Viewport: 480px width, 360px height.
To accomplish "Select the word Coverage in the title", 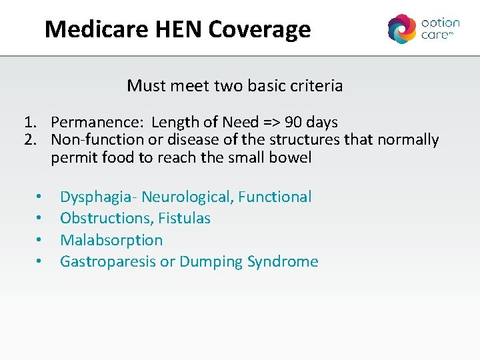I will (x=259, y=29).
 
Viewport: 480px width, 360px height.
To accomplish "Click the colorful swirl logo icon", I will (x=401, y=29).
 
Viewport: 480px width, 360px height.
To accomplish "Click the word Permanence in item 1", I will (x=97, y=123).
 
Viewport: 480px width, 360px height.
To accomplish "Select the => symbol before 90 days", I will (x=268, y=123).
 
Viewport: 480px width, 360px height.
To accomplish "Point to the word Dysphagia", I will (x=97, y=197).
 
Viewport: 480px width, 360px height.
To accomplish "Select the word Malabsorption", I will (x=111, y=240).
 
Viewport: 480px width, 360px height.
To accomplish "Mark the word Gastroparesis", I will (x=108, y=261).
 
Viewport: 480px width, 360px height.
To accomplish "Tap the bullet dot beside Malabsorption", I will (x=40, y=240).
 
